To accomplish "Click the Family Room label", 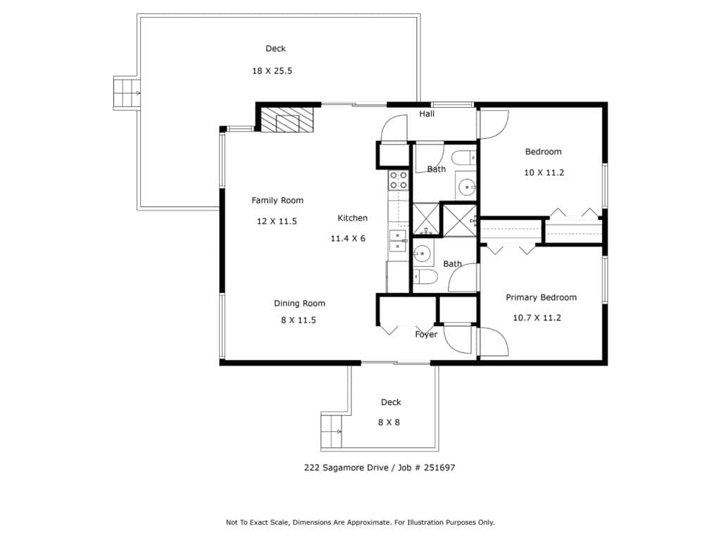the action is tap(277, 201).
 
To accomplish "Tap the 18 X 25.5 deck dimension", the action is tap(272, 71).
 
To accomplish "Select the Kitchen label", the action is tap(353, 218).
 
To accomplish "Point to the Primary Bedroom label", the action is tap(541, 298).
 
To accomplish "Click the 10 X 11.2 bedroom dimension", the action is tap(544, 173).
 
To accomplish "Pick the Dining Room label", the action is tap(299, 304).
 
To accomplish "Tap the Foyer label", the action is tap(426, 335).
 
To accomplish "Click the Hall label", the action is tap(427, 113).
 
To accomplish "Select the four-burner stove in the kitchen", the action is tap(399, 180).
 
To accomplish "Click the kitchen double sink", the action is tap(398, 241).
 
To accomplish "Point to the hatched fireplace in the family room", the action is tap(287, 119).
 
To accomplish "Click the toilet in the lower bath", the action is tap(425, 277).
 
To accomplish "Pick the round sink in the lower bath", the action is tap(422, 253).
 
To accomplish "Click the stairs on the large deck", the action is tap(127, 94).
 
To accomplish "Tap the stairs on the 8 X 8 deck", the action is tap(332, 432).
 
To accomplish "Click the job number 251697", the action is tap(439, 468).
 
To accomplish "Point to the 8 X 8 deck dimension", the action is tap(389, 423).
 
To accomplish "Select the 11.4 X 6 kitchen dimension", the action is tap(348, 238).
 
